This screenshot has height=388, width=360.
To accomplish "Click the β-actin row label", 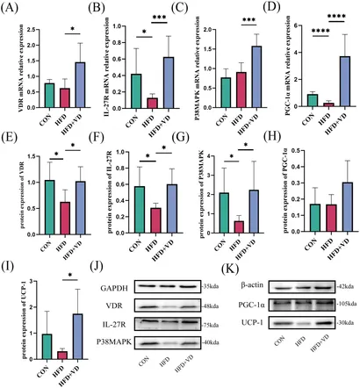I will click(x=279, y=286).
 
